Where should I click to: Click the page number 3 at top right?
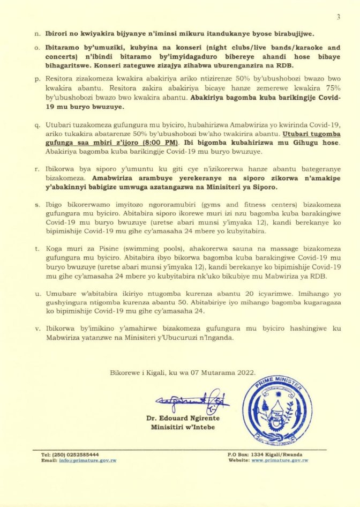[x=338, y=17]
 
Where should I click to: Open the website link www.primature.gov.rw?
[x=280, y=460]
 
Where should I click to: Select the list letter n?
[x=36, y=33]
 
